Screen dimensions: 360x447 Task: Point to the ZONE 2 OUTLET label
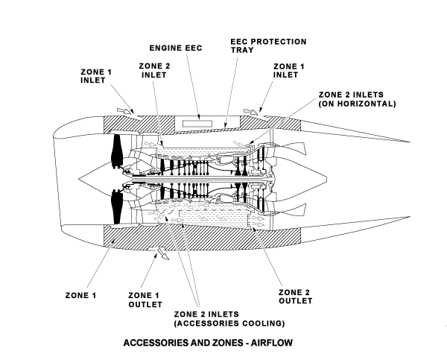294,296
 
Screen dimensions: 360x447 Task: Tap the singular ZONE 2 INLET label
155,71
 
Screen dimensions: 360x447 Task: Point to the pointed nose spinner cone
89,180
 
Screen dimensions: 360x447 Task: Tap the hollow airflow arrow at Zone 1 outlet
160,256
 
